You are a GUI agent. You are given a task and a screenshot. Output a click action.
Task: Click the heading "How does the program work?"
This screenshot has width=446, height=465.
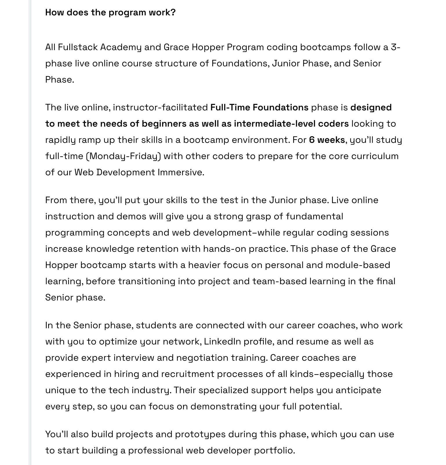tap(110, 12)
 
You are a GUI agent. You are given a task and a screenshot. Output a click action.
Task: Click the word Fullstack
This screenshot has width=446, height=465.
tap(78, 47)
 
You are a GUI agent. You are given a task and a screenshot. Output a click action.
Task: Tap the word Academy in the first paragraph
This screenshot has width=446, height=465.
tap(121, 47)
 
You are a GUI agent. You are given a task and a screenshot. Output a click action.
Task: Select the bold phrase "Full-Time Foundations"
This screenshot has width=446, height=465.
tap(259, 107)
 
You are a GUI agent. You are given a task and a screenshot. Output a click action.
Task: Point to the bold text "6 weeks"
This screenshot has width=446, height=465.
tap(327, 140)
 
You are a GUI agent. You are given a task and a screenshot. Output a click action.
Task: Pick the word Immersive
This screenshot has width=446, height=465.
tap(181, 172)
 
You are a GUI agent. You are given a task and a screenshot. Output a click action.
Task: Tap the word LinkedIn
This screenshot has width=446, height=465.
tap(222, 342)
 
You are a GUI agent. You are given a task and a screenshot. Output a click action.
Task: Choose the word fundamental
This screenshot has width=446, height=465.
tap(314, 216)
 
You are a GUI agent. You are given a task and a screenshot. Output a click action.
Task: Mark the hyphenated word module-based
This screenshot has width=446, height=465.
tap(358, 265)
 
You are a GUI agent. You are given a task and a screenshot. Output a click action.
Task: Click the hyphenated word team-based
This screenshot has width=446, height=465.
tap(280, 281)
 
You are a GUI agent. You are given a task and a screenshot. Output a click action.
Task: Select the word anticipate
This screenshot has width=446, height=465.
tap(358, 390)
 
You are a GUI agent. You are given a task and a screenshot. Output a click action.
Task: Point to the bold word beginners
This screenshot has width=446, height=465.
tap(164, 124)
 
